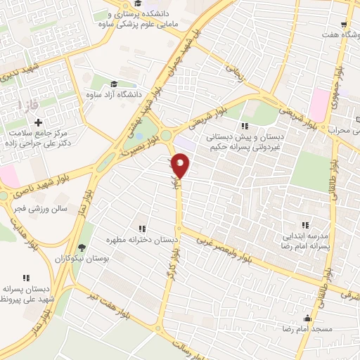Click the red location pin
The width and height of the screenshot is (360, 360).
point(181,166)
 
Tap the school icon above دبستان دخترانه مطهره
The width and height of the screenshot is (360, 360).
point(143,229)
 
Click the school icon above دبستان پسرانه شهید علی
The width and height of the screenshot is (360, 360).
point(27,278)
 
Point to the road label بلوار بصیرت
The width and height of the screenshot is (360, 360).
point(143,146)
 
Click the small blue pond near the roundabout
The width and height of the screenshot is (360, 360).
point(139,136)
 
